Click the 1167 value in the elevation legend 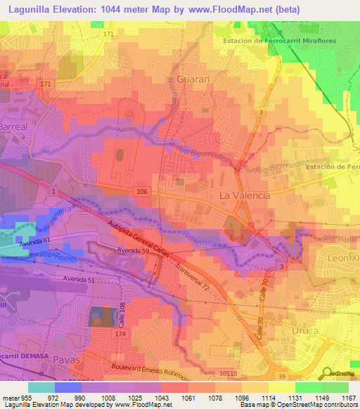(348, 397)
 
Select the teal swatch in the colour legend (41, 387)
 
